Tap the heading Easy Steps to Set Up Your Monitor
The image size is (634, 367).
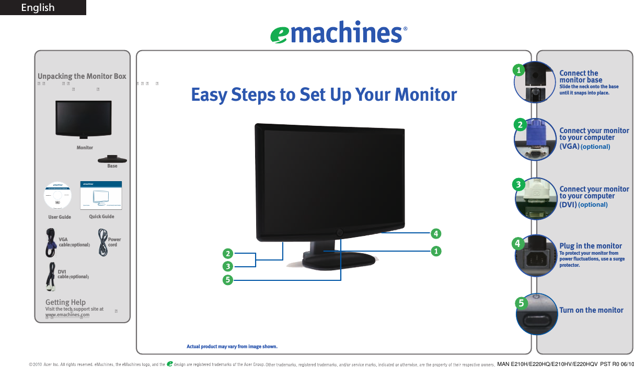(x=324, y=94)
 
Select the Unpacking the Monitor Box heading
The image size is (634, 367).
(x=82, y=76)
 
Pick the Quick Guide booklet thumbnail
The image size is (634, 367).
(x=101, y=196)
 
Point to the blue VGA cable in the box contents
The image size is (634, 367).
(x=52, y=243)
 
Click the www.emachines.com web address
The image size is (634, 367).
(x=67, y=315)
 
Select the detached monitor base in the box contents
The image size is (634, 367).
(x=112, y=159)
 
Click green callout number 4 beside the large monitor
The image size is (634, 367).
(x=435, y=232)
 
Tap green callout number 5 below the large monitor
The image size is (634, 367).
(x=227, y=280)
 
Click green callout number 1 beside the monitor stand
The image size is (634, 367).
(x=435, y=251)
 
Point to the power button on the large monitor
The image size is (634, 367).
(x=340, y=232)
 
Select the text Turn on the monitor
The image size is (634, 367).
(x=591, y=310)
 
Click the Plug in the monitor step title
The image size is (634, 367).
(x=590, y=246)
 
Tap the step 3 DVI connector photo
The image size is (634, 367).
(x=536, y=199)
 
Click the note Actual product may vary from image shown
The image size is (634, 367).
(x=232, y=346)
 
